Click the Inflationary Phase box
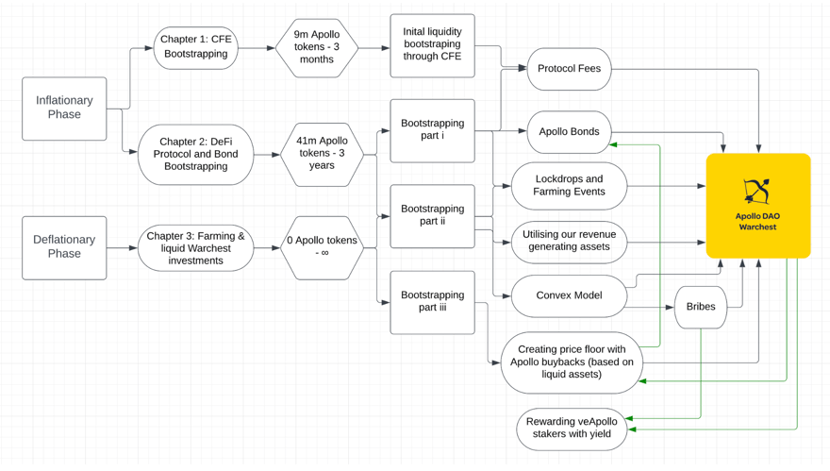[x=64, y=109]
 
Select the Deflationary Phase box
[x=64, y=247]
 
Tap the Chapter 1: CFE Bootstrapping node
[x=196, y=48]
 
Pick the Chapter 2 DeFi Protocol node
[x=196, y=154]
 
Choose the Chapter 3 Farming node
[x=196, y=248]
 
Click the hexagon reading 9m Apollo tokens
[x=317, y=48]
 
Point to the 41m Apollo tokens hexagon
[x=322, y=154]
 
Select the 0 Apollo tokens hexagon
[x=322, y=247]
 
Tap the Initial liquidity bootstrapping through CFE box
[x=433, y=45]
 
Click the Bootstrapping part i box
[x=433, y=130]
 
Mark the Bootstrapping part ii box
[x=433, y=216]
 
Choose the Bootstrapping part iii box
[x=433, y=302]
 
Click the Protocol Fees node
[x=569, y=69]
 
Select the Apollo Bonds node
[x=569, y=132]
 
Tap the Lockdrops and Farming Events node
[x=569, y=186]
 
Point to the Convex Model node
[x=569, y=295]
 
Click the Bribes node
[x=701, y=307]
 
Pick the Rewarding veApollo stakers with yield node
[x=572, y=429]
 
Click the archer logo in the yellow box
[x=757, y=192]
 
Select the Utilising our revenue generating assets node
[x=569, y=243]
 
